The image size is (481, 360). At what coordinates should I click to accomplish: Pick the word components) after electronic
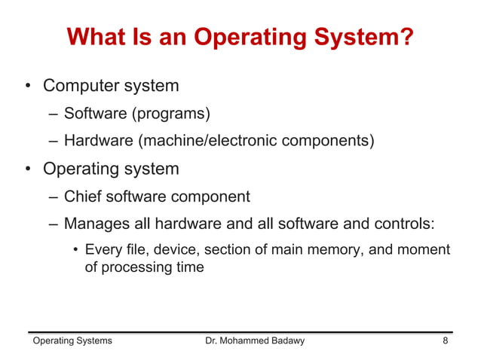[329, 141]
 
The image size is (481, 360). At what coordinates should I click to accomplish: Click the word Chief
[83, 197]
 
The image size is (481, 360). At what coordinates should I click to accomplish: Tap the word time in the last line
[189, 267]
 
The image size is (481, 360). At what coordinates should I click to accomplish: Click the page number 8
[446, 341]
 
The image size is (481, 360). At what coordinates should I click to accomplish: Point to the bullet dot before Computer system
[27, 87]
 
